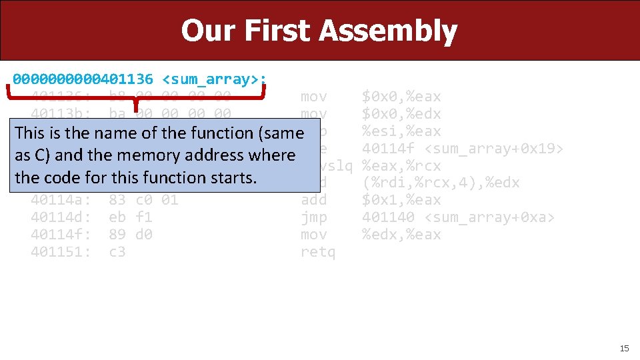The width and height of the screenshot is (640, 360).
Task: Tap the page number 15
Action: pyautogui.click(x=624, y=348)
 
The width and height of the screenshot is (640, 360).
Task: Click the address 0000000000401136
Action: pyautogui.click(x=83, y=80)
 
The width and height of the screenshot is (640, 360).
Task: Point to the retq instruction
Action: pyautogui.click(x=318, y=252)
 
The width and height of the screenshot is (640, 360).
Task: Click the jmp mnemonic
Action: pyautogui.click(x=314, y=217)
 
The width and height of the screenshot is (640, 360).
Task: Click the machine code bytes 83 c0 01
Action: pyautogui.click(x=143, y=200)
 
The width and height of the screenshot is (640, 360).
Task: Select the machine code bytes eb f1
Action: pyautogui.click(x=131, y=217)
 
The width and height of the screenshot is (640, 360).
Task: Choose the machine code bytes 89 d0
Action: pyautogui.click(x=131, y=235)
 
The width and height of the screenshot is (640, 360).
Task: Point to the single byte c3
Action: pyautogui.click(x=117, y=252)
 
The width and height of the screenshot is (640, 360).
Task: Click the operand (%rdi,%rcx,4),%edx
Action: pyautogui.click(x=440, y=183)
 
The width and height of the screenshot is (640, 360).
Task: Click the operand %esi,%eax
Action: pyautogui.click(x=401, y=131)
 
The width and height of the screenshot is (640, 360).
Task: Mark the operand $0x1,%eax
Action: pyautogui.click(x=401, y=200)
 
